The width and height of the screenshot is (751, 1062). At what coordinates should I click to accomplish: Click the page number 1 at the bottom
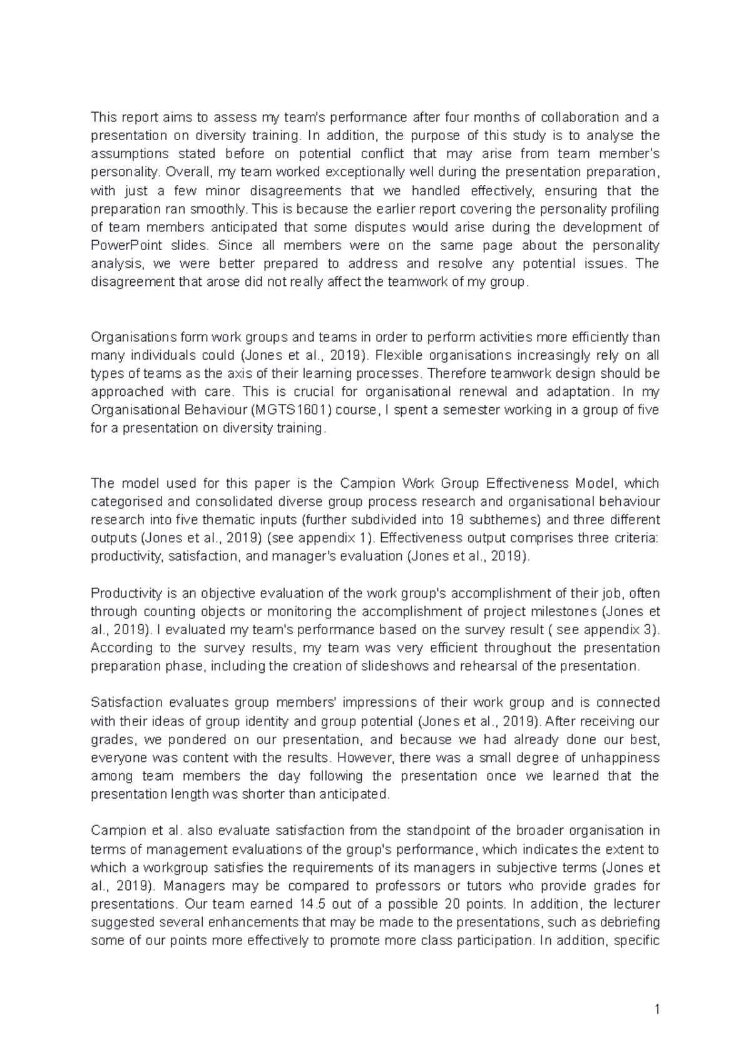[656, 1009]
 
